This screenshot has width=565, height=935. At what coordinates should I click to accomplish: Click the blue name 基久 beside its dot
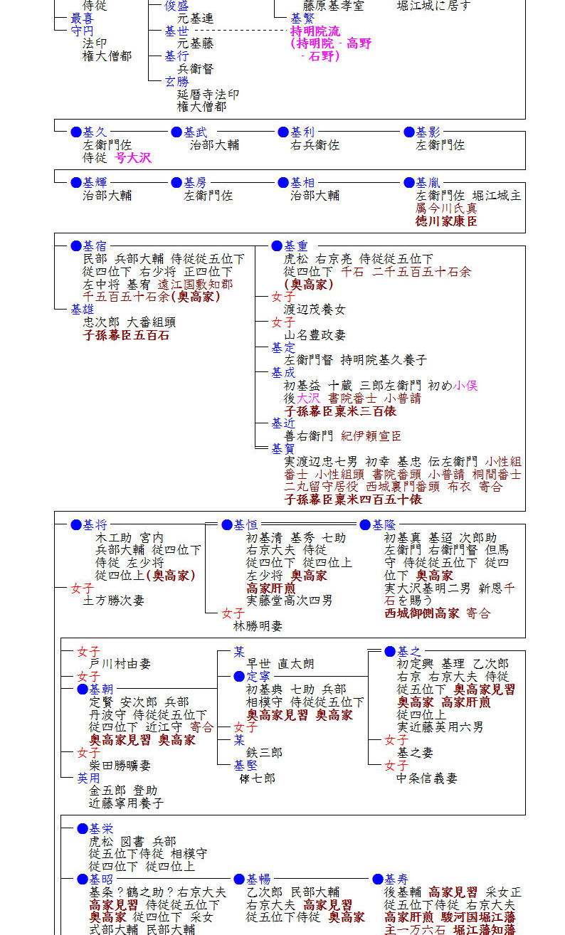coord(95,132)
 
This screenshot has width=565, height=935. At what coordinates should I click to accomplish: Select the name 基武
coord(196,132)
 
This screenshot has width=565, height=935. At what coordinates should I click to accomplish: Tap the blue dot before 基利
coord(283,132)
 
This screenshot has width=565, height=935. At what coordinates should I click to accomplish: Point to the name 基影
coord(428,132)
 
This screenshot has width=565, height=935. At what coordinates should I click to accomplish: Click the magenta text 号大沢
coord(134,157)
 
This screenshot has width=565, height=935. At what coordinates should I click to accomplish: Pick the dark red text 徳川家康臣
coord(446,221)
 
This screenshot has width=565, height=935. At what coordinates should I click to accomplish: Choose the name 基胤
coord(428,183)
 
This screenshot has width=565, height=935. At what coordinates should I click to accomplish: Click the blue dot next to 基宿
coord(76,246)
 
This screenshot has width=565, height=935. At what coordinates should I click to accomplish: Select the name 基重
coord(296,246)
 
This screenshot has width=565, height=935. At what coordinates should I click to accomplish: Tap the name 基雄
coord(82,310)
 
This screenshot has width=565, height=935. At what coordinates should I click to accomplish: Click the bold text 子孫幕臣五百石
coord(126,335)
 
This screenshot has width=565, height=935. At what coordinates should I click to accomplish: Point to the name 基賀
coord(282,449)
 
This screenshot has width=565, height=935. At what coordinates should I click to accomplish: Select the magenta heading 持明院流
coord(315,31)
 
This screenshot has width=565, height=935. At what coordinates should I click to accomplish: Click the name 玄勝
coord(176,82)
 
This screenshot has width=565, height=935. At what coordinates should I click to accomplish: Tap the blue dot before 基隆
coord(365,525)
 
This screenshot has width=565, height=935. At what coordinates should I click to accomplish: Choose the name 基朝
coord(101,689)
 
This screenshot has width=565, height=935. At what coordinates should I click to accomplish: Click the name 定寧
coord(258,676)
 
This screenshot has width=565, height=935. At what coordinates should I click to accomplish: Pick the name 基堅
coord(245,766)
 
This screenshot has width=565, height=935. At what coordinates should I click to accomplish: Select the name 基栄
coord(101,829)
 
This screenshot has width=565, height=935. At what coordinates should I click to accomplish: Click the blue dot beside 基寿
coord(378,880)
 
